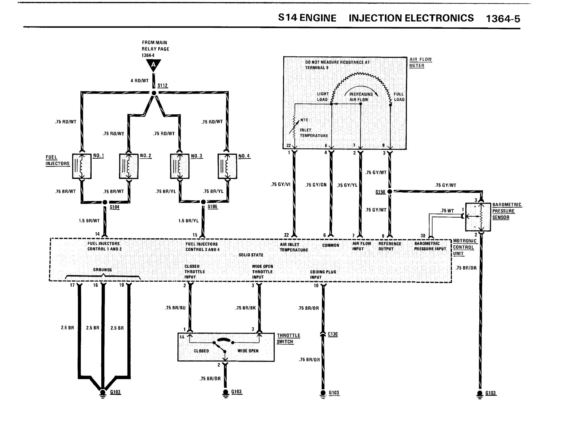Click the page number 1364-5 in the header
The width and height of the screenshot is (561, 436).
pyautogui.click(x=503, y=19)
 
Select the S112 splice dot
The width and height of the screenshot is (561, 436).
pyautogui.click(x=154, y=93)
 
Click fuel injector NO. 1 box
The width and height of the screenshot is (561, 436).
pyautogui.click(x=82, y=166)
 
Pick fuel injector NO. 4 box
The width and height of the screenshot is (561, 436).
pyautogui.click(x=227, y=166)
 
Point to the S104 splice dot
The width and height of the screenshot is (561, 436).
pyautogui.click(x=105, y=202)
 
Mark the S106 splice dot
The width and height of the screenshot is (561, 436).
pyautogui.click(x=203, y=202)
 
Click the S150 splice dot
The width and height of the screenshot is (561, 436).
pyautogui.click(x=390, y=191)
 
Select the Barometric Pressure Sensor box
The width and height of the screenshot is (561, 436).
pyautogui.click(x=478, y=217)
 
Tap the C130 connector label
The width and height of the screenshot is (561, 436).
pyautogui.click(x=333, y=334)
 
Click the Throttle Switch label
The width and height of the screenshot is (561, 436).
pyautogui.click(x=288, y=338)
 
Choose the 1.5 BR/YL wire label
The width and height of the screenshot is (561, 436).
pyautogui.click(x=189, y=221)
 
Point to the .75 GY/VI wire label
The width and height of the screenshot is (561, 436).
pyautogui.click(x=280, y=184)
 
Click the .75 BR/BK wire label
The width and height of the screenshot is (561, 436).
pyautogui.click(x=246, y=308)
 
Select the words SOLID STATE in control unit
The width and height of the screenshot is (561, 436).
pyautogui.click(x=251, y=255)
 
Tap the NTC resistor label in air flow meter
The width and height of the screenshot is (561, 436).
pyautogui.click(x=304, y=120)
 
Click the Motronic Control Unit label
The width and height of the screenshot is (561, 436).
pyautogui.click(x=465, y=247)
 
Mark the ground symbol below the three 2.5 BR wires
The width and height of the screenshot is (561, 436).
pyautogui.click(x=102, y=394)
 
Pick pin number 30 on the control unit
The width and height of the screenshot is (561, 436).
pyautogui.click(x=423, y=236)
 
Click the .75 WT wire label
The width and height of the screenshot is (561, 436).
pyautogui.click(x=447, y=211)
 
